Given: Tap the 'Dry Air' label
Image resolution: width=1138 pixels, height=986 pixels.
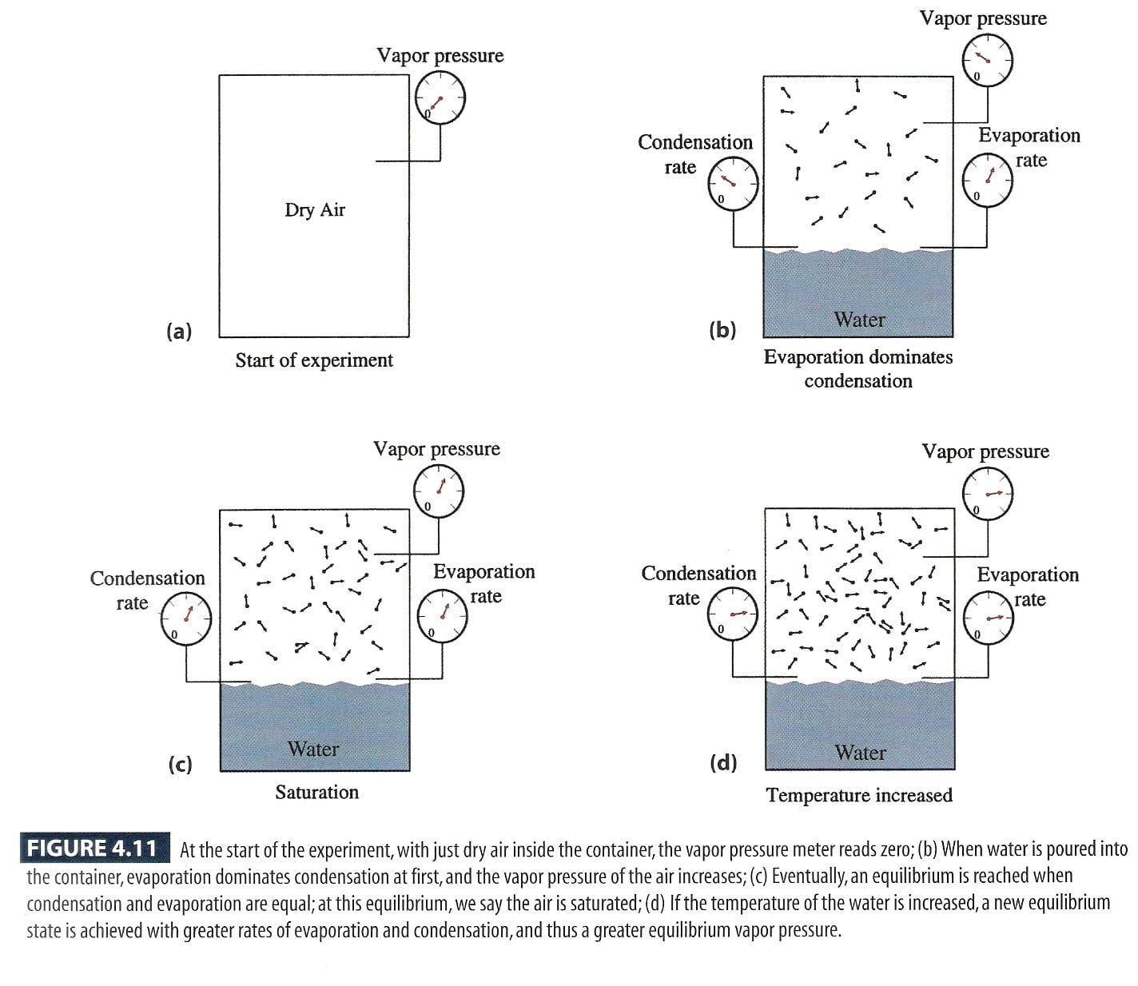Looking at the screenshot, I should click(x=315, y=210).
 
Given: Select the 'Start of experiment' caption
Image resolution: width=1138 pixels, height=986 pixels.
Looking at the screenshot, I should click(x=314, y=360).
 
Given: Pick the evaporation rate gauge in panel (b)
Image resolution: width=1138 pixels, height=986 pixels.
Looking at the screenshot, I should click(x=987, y=180).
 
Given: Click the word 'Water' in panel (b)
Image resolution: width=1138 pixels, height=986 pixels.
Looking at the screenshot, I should click(x=860, y=320).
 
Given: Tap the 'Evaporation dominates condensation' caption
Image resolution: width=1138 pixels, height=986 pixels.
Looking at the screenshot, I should click(x=858, y=368).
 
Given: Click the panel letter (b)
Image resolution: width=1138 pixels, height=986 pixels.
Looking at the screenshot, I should click(x=722, y=329).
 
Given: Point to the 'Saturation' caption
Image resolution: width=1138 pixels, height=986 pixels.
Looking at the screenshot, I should click(x=317, y=792).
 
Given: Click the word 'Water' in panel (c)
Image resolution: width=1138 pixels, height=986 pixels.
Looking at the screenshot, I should click(x=313, y=749).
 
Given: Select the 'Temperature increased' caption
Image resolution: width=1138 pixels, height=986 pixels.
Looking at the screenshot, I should click(x=859, y=795).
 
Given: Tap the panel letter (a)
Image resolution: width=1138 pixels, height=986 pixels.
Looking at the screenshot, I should click(x=179, y=331).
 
